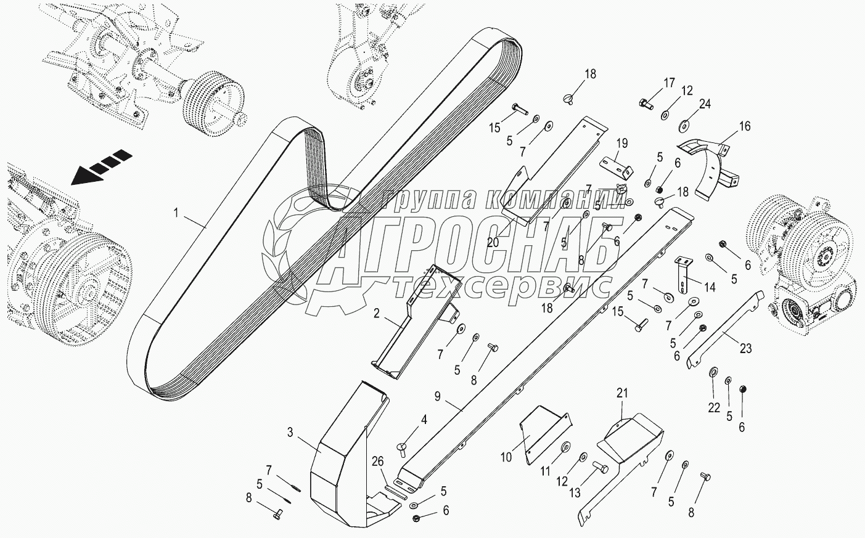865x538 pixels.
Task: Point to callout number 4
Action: [x=424, y=420]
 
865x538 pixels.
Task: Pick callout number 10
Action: [x=506, y=457]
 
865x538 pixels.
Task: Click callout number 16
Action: [x=745, y=126]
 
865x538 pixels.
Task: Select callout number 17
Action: [x=670, y=83]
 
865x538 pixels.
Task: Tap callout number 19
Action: [x=622, y=144]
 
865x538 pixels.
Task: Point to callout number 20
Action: [x=493, y=243]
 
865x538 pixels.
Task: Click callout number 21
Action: [x=621, y=393]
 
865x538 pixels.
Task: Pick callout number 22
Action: [x=713, y=407]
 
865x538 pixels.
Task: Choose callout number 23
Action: [x=746, y=348]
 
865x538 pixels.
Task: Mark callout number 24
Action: [x=705, y=104]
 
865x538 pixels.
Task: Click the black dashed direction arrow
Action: [x=101, y=166]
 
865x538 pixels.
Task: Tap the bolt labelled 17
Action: [x=646, y=104]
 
